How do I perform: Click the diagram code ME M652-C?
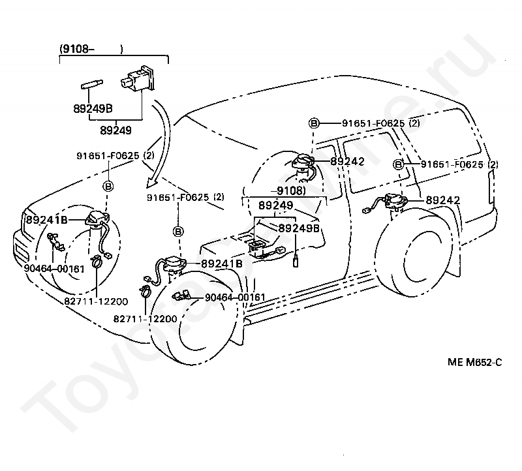(475, 362)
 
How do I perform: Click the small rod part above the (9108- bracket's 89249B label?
(92, 85)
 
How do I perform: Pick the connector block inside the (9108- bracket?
(138, 78)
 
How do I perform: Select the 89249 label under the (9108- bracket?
(116, 130)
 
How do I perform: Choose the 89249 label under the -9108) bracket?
(275, 205)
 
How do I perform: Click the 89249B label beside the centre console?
(299, 228)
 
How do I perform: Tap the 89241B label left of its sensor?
(46, 220)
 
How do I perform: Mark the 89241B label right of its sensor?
(222, 264)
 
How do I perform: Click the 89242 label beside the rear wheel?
(443, 200)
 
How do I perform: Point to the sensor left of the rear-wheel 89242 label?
(395, 201)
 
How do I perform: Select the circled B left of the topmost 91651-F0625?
(314, 123)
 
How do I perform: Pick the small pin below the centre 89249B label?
(296, 262)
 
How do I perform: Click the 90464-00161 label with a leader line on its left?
(235, 297)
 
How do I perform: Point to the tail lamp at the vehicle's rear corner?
(491, 187)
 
